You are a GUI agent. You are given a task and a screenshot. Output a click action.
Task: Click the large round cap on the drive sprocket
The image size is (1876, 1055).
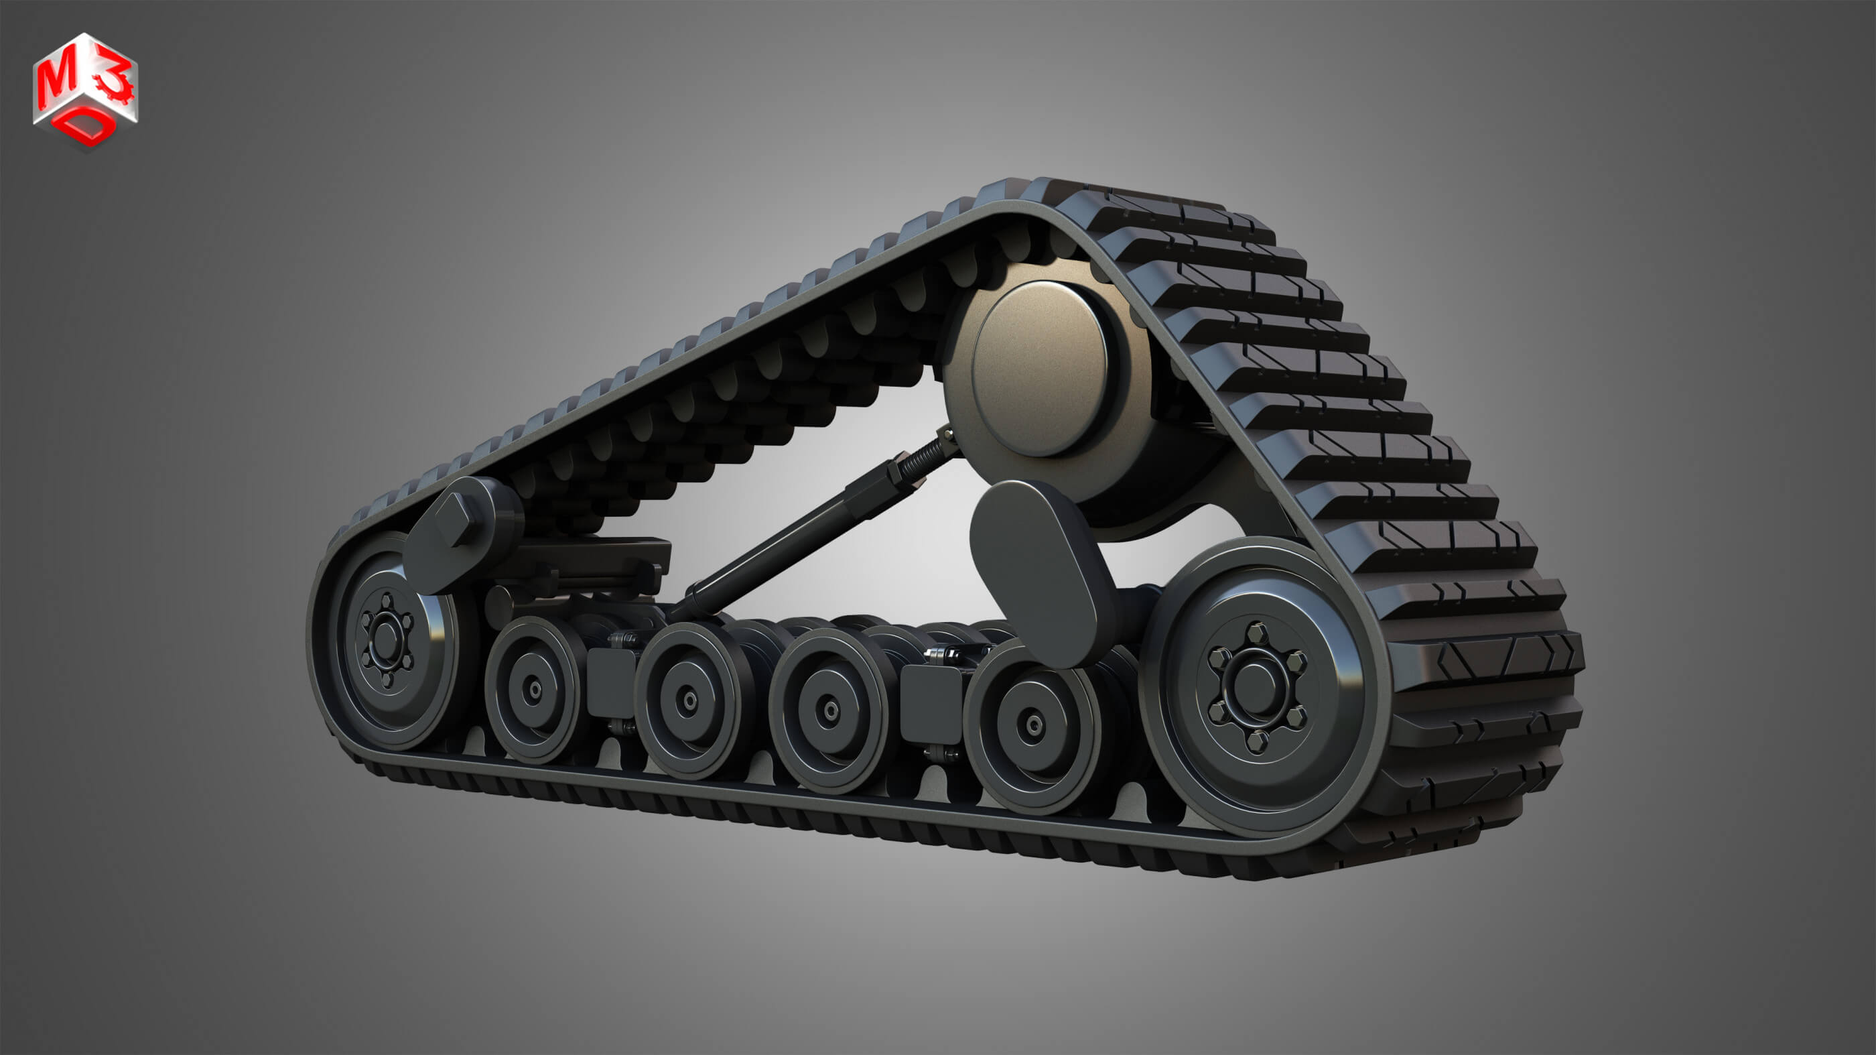1040,368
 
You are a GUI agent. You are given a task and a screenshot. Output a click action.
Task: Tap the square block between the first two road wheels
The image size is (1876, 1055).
610,681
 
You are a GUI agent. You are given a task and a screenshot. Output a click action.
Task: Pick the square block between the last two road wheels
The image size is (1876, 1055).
931,703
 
